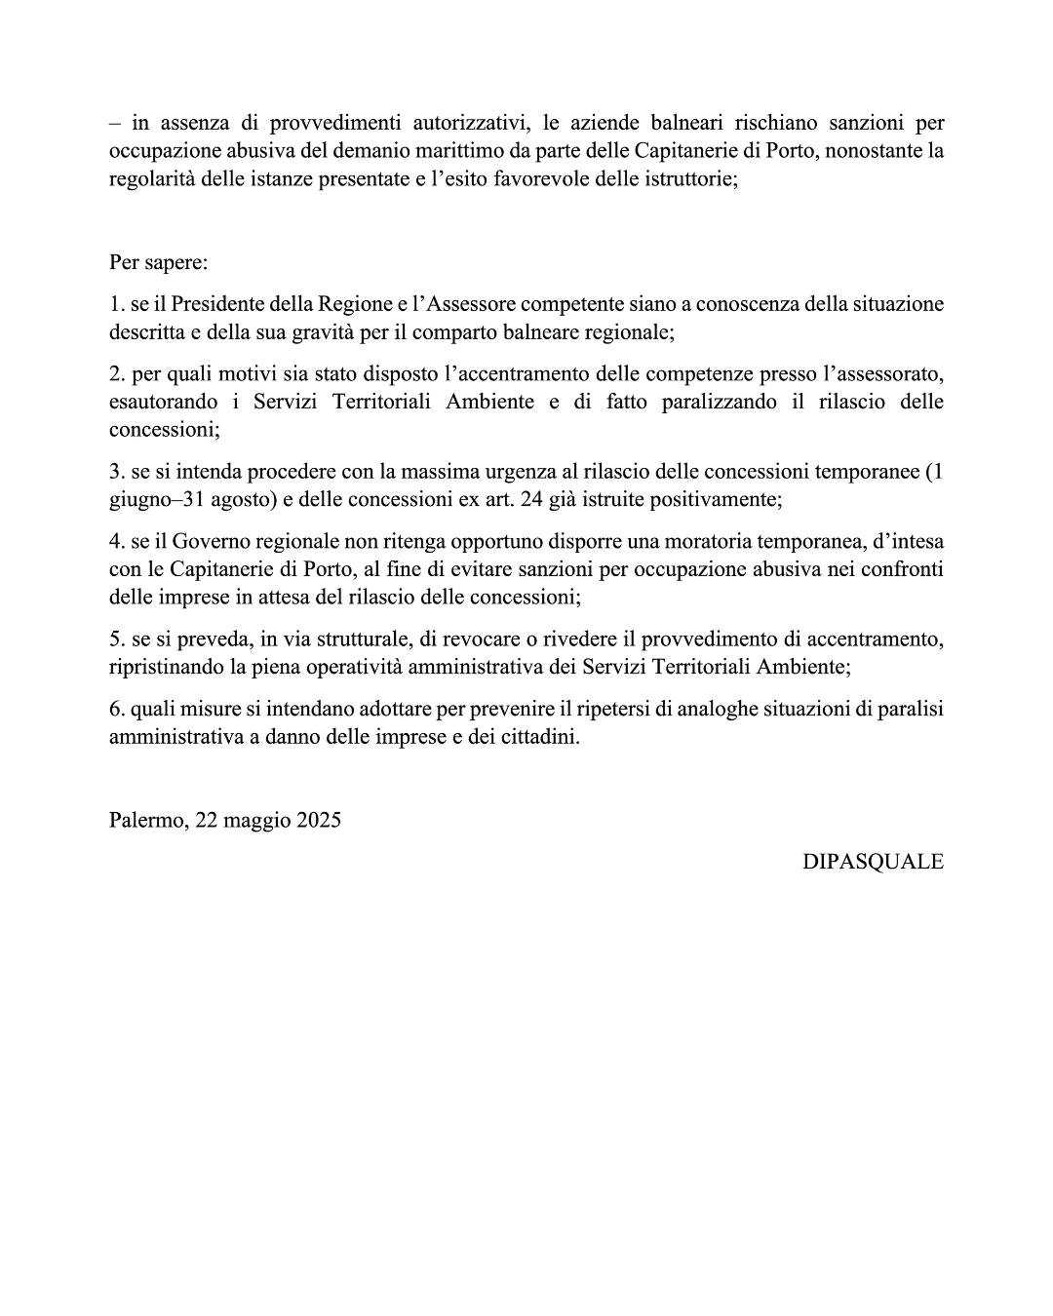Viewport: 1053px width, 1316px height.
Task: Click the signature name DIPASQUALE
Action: point(873,862)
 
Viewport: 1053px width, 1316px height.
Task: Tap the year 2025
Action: point(319,820)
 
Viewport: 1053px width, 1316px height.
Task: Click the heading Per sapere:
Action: point(159,263)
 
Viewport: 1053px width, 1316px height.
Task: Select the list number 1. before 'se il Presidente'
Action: point(117,304)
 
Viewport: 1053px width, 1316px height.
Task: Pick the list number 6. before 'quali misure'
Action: point(117,709)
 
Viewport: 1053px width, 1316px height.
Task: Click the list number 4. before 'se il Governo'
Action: point(117,541)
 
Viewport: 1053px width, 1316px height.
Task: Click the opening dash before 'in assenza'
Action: point(116,124)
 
